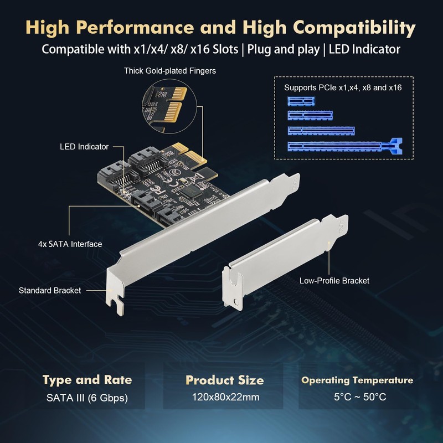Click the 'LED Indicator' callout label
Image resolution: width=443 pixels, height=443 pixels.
pos(84,147)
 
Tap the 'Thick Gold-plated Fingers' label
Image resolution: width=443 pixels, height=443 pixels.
pos(170,71)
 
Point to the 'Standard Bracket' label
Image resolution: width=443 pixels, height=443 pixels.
pos(50,290)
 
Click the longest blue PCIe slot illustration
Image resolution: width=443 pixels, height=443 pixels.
pos(343,147)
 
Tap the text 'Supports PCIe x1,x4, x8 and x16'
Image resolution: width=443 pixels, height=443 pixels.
pos(343,87)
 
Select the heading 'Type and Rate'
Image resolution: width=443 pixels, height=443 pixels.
pos(87,380)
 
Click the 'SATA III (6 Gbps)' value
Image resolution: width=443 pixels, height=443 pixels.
pos(87,397)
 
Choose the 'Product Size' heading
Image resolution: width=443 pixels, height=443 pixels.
pos(224,380)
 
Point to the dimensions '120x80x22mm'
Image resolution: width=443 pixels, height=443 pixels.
pos(224,397)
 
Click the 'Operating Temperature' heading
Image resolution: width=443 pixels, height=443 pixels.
pos(357,380)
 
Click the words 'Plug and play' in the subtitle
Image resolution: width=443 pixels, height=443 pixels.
pos(283,49)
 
